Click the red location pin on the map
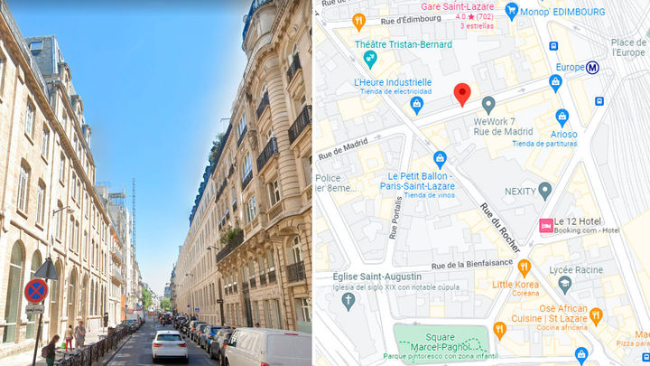pyautogui.click(x=462, y=93)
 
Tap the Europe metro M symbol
pyautogui.click(x=593, y=67)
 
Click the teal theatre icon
pyautogui.click(x=369, y=59)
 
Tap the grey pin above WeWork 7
pyautogui.click(x=488, y=104)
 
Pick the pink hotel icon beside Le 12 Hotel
pyautogui.click(x=545, y=226)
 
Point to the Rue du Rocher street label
pyautogui.click(x=500, y=226)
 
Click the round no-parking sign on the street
pyautogui.click(x=36, y=289)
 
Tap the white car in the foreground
pyautogui.click(x=170, y=345)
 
